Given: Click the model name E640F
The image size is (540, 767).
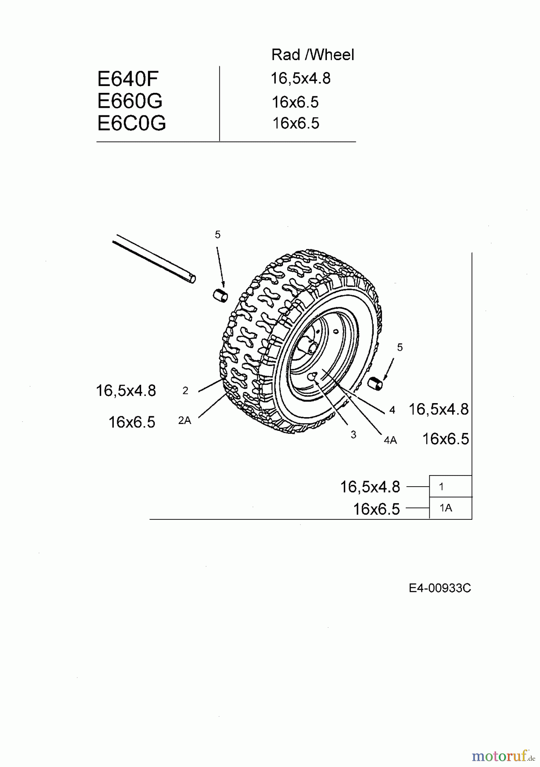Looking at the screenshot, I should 127,79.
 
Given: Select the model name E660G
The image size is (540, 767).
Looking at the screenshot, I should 130,101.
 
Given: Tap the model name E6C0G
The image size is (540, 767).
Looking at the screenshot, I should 131,123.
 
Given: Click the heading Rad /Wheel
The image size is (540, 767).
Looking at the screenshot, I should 312,55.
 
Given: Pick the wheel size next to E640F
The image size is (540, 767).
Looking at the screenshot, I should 300,78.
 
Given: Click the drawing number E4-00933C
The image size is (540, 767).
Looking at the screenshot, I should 439,588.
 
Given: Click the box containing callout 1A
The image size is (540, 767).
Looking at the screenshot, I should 450,508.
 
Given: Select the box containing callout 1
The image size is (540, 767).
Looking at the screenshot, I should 450,486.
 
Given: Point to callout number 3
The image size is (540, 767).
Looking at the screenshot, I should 353,435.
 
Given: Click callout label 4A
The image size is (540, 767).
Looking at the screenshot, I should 390,441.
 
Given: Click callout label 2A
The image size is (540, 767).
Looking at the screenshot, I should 185,421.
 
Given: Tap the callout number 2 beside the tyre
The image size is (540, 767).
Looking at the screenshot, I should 185,390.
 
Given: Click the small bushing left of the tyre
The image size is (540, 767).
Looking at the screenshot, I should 220,295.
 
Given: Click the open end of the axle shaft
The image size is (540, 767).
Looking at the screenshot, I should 193,279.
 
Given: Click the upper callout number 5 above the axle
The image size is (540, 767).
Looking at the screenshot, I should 218,235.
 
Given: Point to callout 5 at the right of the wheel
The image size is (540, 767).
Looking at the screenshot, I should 399,348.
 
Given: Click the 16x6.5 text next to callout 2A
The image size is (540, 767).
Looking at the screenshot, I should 132,422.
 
